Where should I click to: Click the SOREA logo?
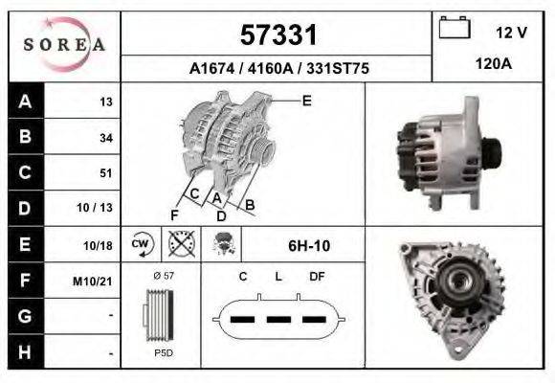point(64,45)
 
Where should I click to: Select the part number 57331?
point(277,35)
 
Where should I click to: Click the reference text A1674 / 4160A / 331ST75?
point(278,69)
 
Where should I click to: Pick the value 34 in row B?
point(105,138)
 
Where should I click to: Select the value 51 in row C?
point(105,173)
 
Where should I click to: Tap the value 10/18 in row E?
point(99,245)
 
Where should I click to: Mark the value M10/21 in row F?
point(96,281)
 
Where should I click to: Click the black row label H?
point(24,351)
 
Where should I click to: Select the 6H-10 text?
point(309,246)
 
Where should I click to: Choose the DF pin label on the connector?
point(318,277)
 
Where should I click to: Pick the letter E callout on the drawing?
point(306,100)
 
